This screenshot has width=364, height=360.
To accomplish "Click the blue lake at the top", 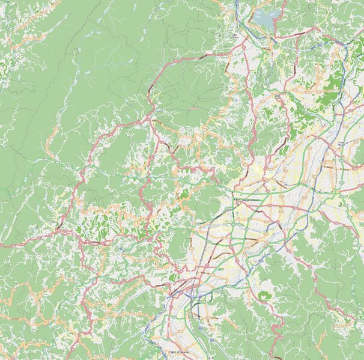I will coord(265,17).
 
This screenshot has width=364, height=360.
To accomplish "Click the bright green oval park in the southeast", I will coord(264,296).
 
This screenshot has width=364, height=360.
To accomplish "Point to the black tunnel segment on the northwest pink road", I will coord(202,56).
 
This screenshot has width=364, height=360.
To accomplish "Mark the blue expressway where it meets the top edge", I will coord(237,2).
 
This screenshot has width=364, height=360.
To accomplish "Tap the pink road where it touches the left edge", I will coord(1,243).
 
